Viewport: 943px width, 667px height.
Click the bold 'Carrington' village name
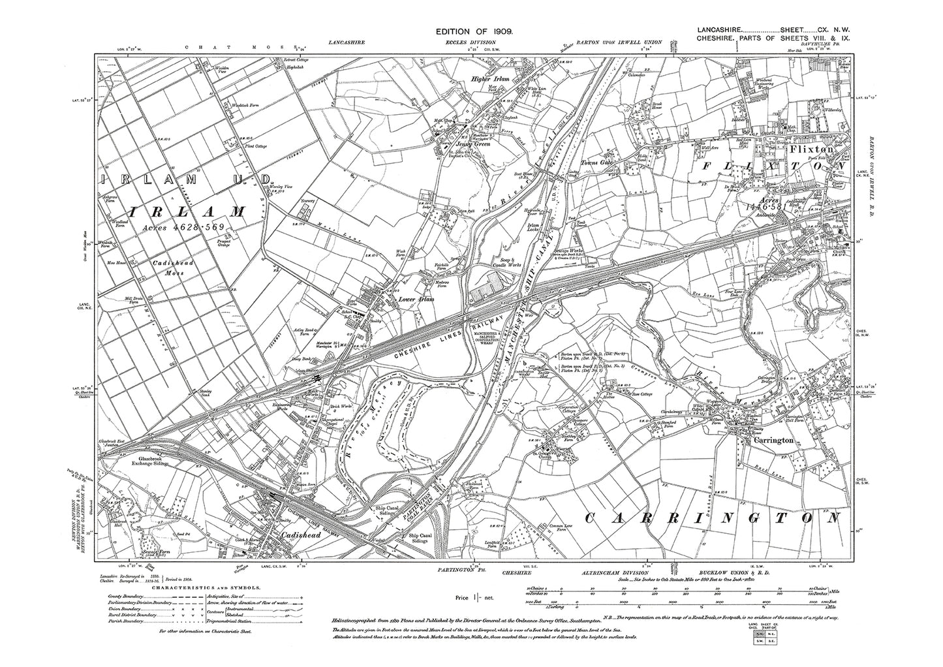click(771, 440)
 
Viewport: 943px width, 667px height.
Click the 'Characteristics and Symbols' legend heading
click(207, 587)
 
